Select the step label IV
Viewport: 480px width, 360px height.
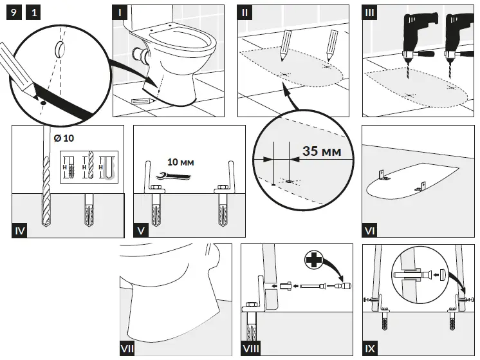[x=20, y=229]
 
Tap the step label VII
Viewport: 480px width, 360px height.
[x=129, y=348]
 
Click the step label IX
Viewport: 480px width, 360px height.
[x=369, y=348]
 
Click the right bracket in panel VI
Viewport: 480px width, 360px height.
[x=422, y=186]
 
